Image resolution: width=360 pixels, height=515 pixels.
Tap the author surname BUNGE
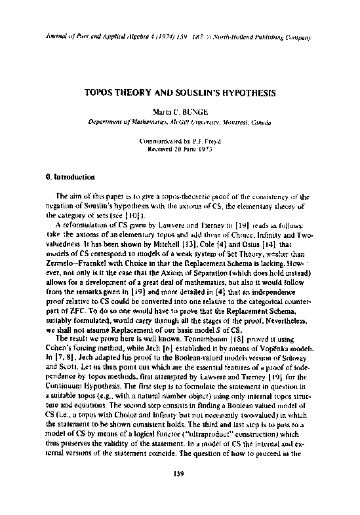coord(195,111)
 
